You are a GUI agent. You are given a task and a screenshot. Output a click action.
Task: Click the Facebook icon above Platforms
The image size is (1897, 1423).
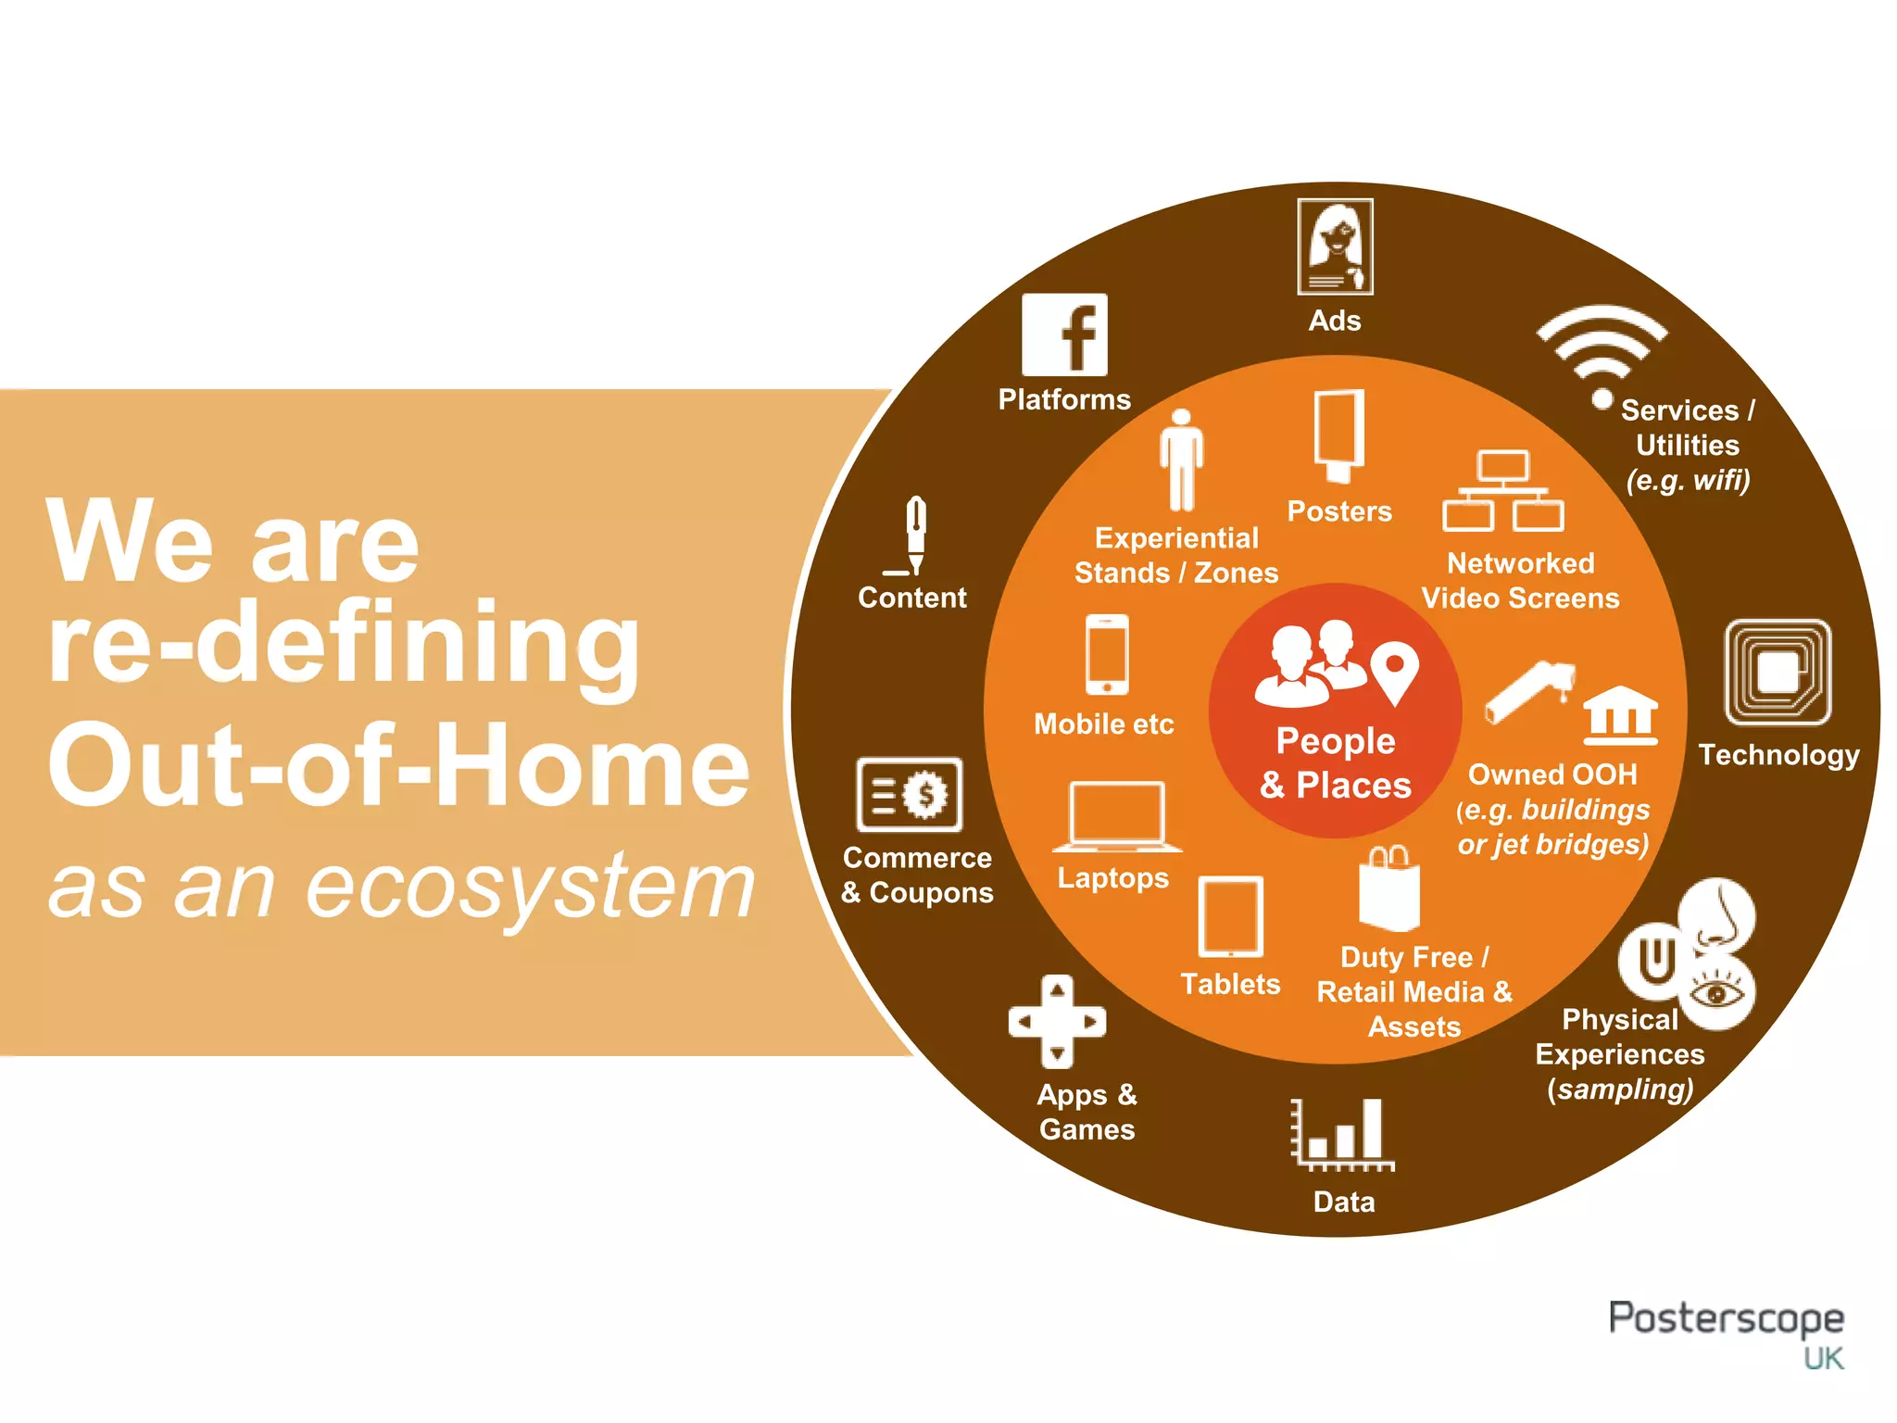tap(1064, 334)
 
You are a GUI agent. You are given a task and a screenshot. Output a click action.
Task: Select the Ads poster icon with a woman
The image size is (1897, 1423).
tap(1335, 246)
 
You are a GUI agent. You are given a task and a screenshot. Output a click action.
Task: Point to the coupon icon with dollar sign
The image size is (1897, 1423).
tap(910, 794)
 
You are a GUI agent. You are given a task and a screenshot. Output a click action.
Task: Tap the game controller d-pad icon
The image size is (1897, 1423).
tap(1057, 1021)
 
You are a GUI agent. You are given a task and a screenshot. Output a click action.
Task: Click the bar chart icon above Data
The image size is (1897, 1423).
tap(1342, 1135)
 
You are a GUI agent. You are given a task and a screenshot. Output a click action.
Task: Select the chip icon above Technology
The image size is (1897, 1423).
tap(1778, 672)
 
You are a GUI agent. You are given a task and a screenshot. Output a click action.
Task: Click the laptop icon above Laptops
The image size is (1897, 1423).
tap(1116, 815)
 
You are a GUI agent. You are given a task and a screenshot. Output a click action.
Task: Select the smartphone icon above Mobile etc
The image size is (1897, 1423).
tap(1107, 654)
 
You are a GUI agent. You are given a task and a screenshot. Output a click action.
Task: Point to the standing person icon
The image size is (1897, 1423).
tap(1181, 460)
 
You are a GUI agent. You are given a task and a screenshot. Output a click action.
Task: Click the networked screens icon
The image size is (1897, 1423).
tap(1502, 491)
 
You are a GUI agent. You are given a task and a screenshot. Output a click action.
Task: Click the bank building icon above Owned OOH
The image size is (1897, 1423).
tap(1619, 715)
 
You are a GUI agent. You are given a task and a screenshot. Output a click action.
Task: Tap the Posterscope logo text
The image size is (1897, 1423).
tap(1725, 1318)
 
